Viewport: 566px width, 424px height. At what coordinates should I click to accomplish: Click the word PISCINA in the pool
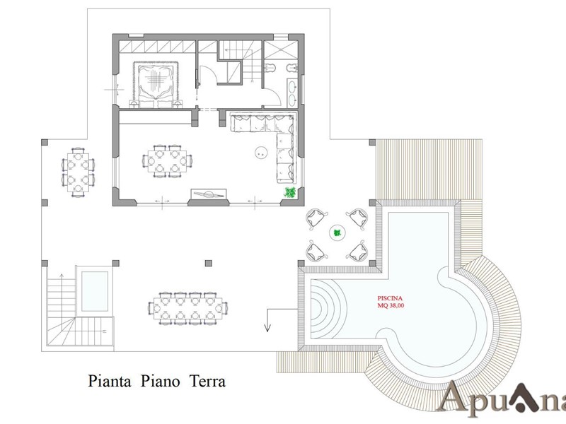click(390, 298)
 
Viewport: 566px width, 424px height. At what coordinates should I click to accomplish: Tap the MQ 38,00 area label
click(391, 306)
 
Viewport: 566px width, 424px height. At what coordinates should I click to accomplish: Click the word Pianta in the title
click(110, 381)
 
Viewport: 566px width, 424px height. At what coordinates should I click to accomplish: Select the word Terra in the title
click(207, 381)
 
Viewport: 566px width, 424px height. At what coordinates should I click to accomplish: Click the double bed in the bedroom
click(156, 84)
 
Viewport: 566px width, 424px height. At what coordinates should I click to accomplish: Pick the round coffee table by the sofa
click(260, 152)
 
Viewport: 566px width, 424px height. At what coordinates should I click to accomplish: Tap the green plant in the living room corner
click(290, 192)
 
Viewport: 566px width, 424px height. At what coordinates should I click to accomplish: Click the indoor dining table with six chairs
click(167, 160)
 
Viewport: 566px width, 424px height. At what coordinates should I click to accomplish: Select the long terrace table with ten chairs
click(187, 308)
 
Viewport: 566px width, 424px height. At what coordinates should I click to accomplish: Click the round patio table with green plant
click(337, 233)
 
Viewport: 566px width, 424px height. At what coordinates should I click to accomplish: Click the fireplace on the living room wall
click(209, 194)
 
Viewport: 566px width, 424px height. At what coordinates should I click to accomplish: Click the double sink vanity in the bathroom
click(292, 93)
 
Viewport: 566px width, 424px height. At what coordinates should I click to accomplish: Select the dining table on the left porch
click(78, 172)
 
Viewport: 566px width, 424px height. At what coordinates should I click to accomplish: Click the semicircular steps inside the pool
click(327, 308)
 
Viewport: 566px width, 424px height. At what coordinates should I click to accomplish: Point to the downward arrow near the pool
click(267, 320)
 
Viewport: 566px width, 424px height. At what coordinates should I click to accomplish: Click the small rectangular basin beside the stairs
click(95, 291)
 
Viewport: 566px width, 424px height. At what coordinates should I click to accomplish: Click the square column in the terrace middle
click(208, 263)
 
